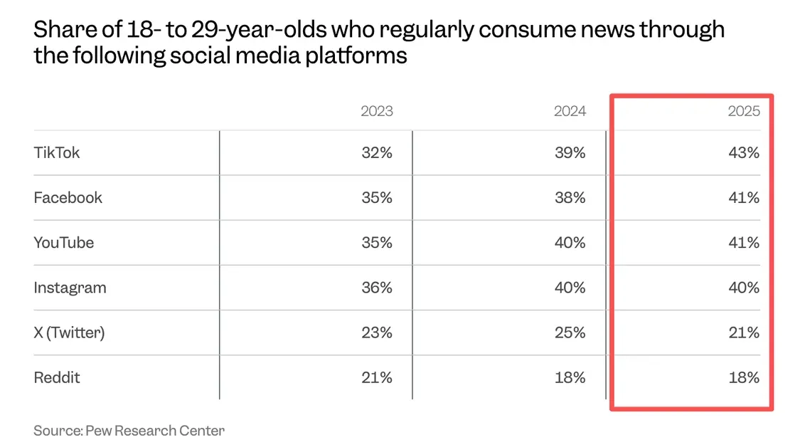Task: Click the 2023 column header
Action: (x=376, y=111)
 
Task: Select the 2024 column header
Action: (x=570, y=111)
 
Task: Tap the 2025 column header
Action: (x=744, y=111)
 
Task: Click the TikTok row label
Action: (x=57, y=152)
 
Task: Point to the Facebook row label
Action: (x=68, y=197)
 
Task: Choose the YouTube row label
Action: (x=64, y=242)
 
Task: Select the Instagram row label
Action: (x=70, y=288)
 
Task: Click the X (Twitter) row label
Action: (x=69, y=333)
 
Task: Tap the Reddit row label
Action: (x=57, y=377)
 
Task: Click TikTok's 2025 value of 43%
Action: (x=744, y=152)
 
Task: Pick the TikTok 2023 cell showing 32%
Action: (x=376, y=152)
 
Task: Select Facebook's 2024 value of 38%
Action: (x=570, y=197)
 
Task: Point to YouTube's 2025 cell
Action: (x=744, y=242)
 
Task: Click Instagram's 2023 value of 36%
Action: (x=376, y=288)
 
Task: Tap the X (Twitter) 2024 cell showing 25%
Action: (x=570, y=333)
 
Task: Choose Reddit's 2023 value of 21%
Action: (x=376, y=377)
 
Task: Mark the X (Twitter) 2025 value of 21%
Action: (x=744, y=333)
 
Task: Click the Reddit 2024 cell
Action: (x=570, y=377)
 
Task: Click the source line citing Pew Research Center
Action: (x=129, y=430)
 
